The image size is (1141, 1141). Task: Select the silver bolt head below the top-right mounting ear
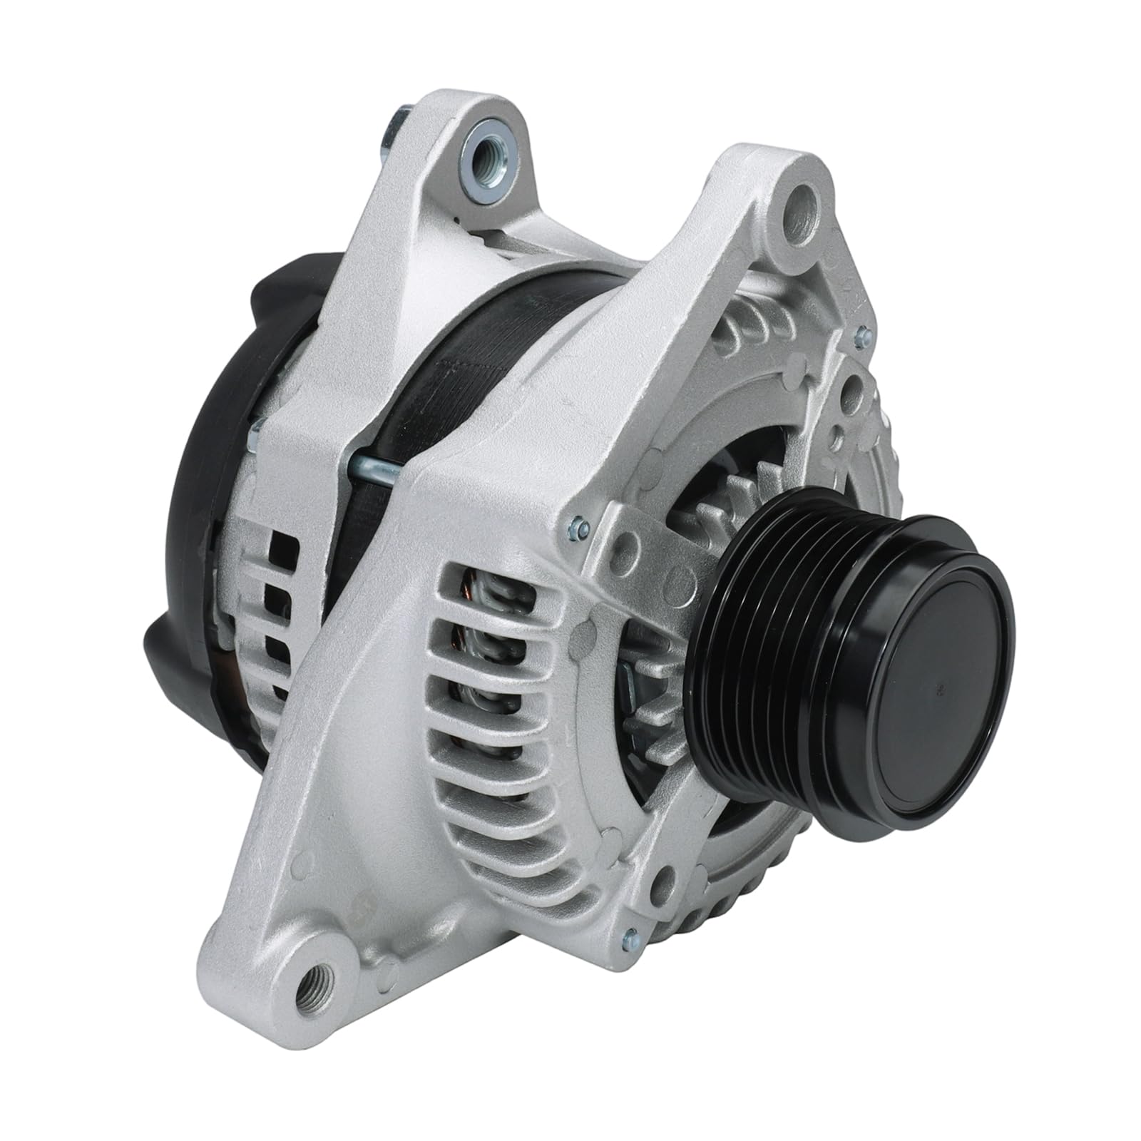coord(864,332)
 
